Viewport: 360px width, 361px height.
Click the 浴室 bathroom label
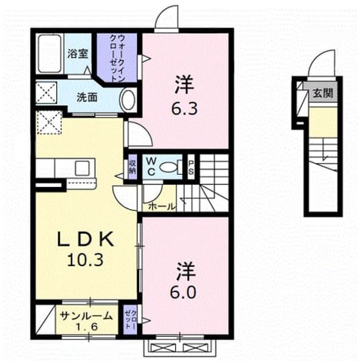tap(78, 54)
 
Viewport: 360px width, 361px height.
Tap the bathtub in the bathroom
tap(49, 54)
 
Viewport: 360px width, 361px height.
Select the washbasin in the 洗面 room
tap(128, 100)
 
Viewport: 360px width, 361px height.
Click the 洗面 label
tap(86, 97)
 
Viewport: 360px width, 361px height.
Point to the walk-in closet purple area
tap(117, 57)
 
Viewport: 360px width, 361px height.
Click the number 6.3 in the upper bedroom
tap(185, 109)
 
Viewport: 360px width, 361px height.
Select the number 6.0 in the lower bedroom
tap(183, 292)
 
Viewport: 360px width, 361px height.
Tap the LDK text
tap(85, 239)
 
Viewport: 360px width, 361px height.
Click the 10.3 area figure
tap(85, 260)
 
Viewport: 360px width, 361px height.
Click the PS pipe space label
tap(191, 167)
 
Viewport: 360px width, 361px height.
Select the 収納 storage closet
tap(132, 167)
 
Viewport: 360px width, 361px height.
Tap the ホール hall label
tap(161, 206)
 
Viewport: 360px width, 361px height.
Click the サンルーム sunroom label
tap(86, 316)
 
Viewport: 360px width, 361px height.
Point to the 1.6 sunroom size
tap(86, 327)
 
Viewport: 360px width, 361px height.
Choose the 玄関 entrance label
tap(323, 93)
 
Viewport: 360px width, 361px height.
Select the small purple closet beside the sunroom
tap(130, 320)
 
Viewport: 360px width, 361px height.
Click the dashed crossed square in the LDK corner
tap(49, 123)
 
